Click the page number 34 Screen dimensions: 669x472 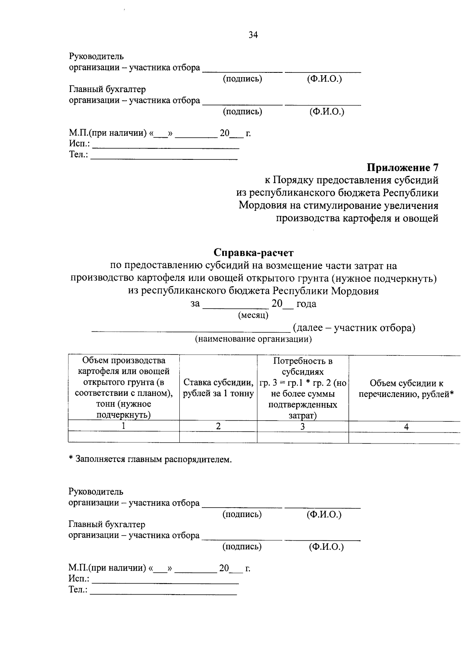(253, 35)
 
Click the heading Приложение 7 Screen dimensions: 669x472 (402, 168)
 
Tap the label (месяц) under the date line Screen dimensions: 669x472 (253, 315)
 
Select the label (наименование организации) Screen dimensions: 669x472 (254, 339)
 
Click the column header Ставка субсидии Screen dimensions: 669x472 (218, 388)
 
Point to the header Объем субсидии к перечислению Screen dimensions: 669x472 (406, 388)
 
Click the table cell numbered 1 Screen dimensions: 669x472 (124, 426)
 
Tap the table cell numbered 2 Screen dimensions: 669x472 (218, 426)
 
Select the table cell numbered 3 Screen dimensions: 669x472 (302, 426)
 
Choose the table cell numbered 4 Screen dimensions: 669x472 (406, 427)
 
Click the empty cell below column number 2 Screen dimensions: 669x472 (218, 437)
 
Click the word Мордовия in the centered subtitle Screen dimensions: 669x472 (354, 291)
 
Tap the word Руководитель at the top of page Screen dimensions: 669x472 (96, 57)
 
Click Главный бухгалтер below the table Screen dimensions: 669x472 (107, 525)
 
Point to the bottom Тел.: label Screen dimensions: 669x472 (78, 590)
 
